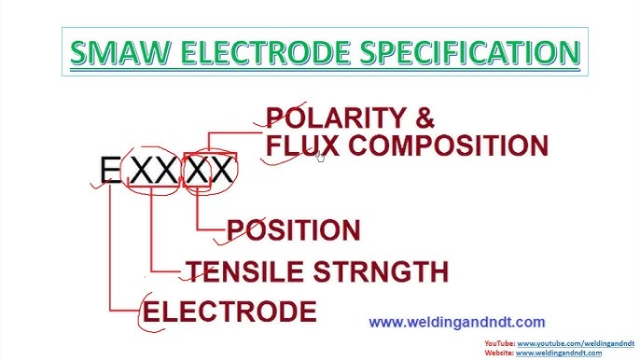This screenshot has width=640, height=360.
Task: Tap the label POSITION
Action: click(294, 230)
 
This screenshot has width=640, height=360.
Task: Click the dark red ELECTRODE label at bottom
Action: click(230, 311)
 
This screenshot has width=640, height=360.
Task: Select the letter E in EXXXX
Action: click(110, 171)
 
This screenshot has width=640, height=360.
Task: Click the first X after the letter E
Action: click(140, 171)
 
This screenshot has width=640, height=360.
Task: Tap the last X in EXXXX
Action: click(223, 171)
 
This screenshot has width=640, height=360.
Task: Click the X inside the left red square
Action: click(197, 171)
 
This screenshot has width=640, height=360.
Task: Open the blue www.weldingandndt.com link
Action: click(456, 323)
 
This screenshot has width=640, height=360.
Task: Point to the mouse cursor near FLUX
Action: click(320, 157)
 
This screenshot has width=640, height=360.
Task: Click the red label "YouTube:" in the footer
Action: click(499, 344)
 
